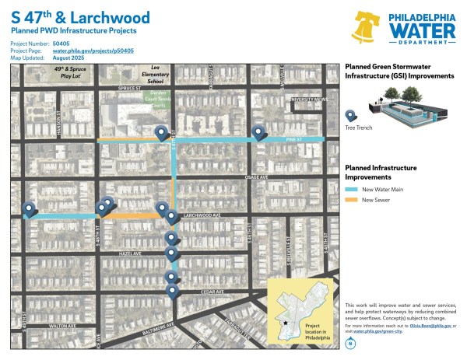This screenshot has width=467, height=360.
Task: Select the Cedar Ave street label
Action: coord(212,292)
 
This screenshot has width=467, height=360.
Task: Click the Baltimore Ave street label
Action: coord(139,325)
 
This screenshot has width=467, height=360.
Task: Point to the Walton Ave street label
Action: coord(62,326)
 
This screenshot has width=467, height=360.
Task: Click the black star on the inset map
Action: coord(286,321)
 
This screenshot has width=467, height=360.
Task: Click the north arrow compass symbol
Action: coord(351,343)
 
